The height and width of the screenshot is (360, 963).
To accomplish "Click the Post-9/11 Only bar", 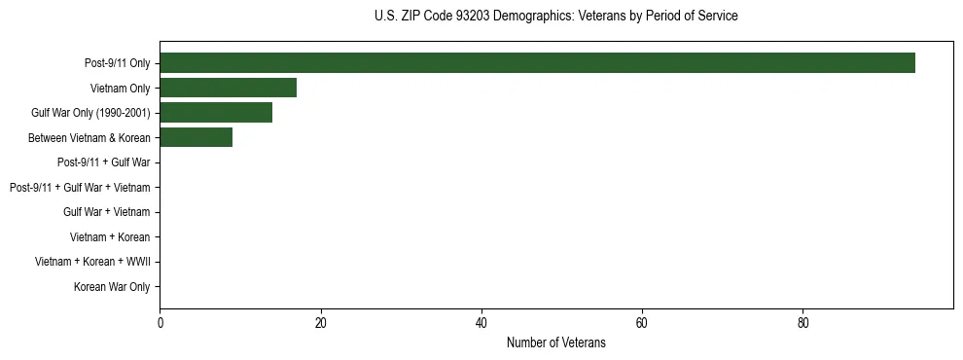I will (537, 63).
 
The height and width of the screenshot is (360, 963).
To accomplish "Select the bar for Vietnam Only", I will (228, 88).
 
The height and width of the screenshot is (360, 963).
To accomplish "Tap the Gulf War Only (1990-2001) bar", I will (216, 113).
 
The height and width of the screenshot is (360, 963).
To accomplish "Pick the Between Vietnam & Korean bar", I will (196, 138).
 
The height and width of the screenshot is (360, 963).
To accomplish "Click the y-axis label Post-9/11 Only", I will (117, 63).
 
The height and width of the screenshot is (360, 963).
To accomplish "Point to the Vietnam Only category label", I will (120, 89).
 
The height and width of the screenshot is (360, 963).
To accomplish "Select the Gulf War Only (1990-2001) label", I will (90, 113).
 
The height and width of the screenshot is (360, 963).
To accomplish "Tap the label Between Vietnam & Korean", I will (89, 138).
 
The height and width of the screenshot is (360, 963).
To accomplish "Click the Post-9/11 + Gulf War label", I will (103, 162).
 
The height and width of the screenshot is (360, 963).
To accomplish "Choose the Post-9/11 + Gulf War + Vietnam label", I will (79, 188).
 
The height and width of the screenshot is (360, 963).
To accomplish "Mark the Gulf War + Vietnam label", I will (107, 212).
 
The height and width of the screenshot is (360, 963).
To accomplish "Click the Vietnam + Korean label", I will (110, 237).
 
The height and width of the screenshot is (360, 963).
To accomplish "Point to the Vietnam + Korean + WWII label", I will (92, 262).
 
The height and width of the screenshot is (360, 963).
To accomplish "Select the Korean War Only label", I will (112, 287).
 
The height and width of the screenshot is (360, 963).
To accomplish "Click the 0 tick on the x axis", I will (160, 322).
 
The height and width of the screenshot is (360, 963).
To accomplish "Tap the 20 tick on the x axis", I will (320, 322).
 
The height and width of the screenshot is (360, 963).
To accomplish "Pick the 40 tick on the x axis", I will (481, 322).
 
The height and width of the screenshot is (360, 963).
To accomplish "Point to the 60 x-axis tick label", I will (642, 322).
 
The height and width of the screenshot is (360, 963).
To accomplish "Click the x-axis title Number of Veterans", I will (555, 342).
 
